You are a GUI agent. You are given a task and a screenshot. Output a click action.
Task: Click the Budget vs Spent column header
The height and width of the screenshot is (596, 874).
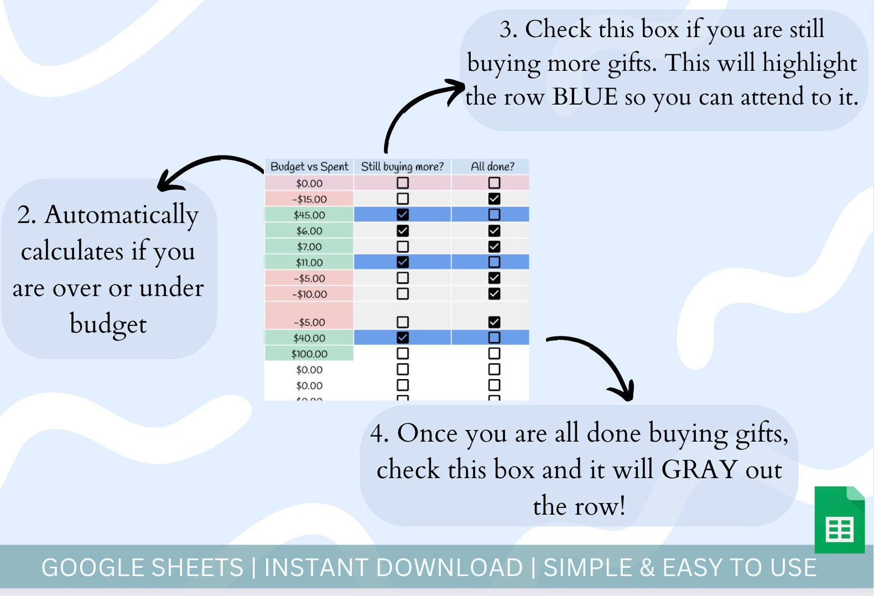point(309,167)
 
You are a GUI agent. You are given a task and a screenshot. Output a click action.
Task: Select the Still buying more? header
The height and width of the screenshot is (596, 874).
point(402,167)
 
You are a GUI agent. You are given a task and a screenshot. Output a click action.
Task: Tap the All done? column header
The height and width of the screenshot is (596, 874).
point(492,167)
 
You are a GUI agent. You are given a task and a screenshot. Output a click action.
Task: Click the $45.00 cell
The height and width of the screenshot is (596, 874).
point(309,215)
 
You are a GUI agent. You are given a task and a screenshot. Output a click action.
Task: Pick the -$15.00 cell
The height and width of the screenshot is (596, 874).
point(309,199)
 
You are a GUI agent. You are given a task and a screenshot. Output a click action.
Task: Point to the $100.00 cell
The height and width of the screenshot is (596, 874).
point(309,354)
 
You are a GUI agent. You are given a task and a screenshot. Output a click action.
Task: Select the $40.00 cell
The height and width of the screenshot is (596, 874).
point(309,338)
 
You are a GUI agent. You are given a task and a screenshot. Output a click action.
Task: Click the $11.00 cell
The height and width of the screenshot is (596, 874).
point(309,262)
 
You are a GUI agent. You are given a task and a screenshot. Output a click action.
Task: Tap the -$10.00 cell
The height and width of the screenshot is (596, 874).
point(309,294)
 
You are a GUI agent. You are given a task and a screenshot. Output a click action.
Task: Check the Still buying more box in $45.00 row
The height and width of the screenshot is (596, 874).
point(403,215)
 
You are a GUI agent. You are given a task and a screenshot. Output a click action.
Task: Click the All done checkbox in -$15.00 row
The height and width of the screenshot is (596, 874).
point(494,199)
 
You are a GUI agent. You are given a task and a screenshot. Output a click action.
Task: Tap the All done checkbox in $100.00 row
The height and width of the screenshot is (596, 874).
point(494,353)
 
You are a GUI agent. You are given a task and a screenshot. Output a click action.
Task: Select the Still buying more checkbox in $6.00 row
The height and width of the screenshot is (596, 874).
point(403,231)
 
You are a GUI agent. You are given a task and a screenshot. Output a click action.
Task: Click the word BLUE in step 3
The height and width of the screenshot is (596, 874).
point(585,97)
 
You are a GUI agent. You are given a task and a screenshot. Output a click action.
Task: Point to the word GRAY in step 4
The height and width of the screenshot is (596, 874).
point(699,470)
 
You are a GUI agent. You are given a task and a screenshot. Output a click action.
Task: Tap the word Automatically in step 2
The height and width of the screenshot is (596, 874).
point(121,215)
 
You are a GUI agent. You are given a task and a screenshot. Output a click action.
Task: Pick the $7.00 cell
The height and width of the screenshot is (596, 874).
point(309,247)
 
